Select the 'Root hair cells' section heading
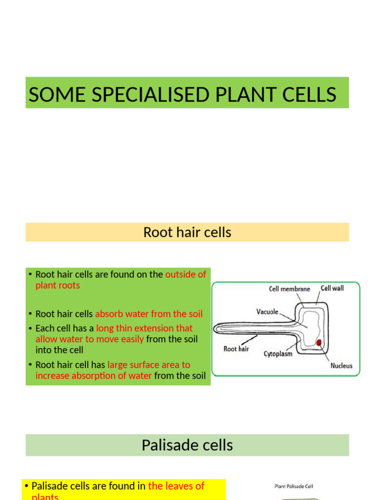coord(187,232)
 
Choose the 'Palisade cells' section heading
coord(187,445)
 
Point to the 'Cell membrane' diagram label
coord(290,289)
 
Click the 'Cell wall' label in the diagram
coord(332,288)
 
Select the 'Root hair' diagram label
coord(236,349)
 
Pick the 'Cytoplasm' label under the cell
coord(278,354)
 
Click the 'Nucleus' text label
coord(341,366)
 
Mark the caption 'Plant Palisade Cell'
coord(293,486)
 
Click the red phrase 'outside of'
coord(186,274)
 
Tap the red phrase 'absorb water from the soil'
coord(148,314)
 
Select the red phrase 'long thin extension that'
coord(144,328)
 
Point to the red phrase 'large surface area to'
coord(148,365)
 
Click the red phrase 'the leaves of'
coord(176,486)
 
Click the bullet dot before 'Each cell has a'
coord(30,329)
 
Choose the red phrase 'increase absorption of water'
coord(93,375)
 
